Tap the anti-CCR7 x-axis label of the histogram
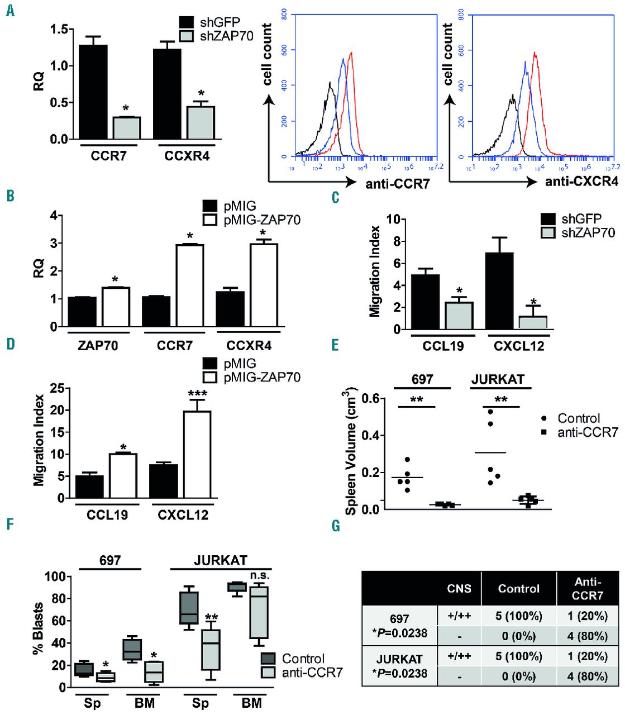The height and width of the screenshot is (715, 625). coord(397,183)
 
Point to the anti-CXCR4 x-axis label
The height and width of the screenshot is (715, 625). coord(581,182)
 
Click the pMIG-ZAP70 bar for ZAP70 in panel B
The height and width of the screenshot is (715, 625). coord(116,307)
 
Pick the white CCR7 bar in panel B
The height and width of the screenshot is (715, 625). coord(189,285)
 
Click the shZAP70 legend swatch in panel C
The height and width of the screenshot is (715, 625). coord(548,232)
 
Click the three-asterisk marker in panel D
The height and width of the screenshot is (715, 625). coord(197,394)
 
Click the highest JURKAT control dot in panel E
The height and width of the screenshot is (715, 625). coord(490,412)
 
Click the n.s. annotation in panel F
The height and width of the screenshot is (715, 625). coord(260,575)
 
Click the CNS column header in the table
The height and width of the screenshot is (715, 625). coord(459,588)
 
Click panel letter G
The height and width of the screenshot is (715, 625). coord(335,526)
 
